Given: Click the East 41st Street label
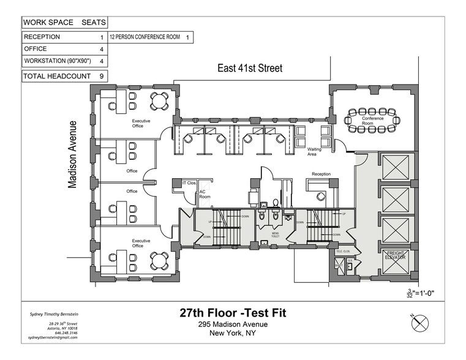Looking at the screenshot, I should (250, 68).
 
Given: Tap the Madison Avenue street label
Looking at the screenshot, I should (73, 154).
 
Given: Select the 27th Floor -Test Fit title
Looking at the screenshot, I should (233, 313).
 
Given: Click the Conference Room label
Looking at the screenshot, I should (372, 121).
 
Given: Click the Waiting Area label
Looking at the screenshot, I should (315, 152).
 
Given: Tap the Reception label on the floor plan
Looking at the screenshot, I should (321, 174).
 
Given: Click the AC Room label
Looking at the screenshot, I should (204, 195).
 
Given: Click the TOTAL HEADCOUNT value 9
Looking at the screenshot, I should (101, 76).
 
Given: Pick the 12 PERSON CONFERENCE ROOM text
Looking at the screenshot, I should (145, 37).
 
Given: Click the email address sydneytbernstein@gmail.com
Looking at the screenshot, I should (53, 337).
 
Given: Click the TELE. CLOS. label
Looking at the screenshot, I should (343, 251).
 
